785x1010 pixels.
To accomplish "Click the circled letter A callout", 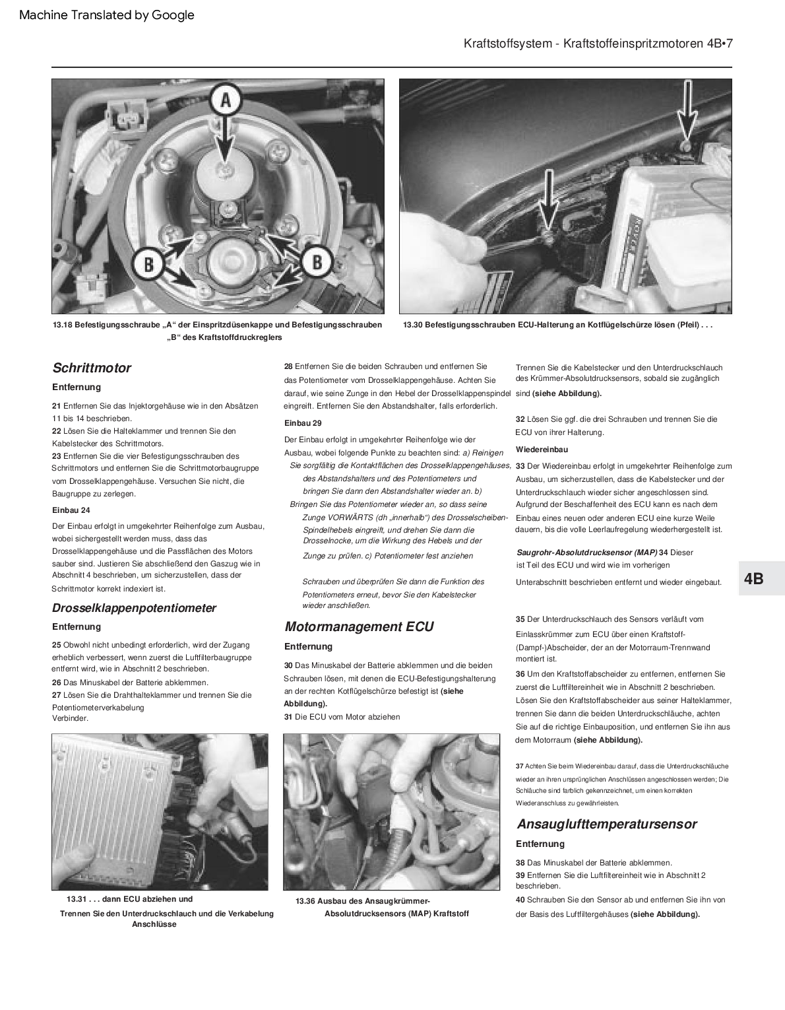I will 225,101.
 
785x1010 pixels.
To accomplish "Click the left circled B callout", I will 148,265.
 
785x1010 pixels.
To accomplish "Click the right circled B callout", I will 316,262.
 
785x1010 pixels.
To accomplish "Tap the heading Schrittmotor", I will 91,368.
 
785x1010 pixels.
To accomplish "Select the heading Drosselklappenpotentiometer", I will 134,607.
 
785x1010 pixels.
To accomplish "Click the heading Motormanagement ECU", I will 359,626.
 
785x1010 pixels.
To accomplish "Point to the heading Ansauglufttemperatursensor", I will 606,823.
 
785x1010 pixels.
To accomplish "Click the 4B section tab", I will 753,578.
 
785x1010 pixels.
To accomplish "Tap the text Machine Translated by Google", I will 107,15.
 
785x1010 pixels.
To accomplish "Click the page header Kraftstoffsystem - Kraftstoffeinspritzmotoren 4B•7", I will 598,44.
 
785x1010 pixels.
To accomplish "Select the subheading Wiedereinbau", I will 542,450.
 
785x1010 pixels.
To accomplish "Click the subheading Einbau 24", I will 71,510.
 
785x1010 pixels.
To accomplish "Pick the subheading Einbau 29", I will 303,422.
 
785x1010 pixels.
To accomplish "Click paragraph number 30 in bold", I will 288,665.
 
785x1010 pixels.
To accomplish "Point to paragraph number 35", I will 520,619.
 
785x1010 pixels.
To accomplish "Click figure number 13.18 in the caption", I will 63,325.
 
